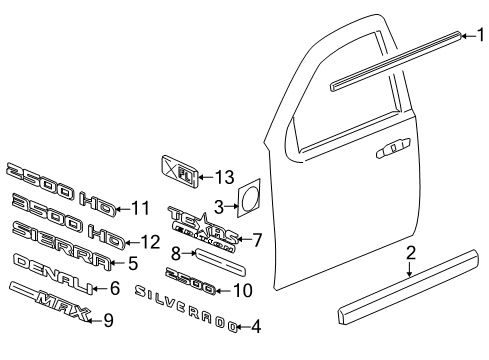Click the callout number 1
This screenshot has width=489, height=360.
point(479,36)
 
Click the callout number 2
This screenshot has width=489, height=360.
point(410,255)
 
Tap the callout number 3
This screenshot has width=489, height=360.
point(218,206)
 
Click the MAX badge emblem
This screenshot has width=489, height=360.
point(49,321)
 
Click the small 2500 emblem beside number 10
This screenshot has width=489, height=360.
point(189,288)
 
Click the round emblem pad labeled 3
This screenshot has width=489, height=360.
point(248,197)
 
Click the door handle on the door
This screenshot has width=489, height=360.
point(390,150)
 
